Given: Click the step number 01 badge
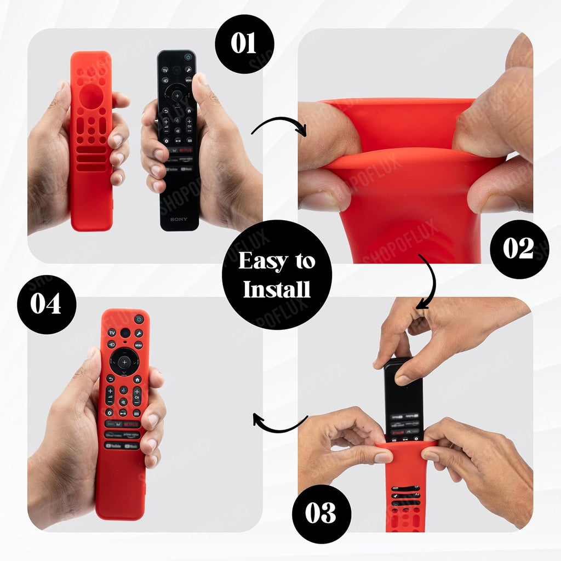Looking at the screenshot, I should pos(244,44).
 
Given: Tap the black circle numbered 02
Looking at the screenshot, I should pos(518,249).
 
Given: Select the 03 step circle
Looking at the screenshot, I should pos(320,513).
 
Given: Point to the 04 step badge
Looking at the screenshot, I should pos(46,304).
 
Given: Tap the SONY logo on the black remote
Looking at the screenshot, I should pos(178,219).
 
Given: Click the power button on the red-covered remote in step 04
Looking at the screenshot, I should pos(139,319).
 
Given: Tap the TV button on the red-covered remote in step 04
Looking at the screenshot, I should pos(112,333).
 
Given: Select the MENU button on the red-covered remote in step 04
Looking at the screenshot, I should pos(138,345).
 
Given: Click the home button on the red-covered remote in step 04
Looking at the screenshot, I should pos(137,379).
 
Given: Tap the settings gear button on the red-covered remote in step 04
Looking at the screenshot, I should pos(110,413).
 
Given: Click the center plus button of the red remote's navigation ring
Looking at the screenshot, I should pos(124,362).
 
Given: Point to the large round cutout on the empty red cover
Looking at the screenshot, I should pos(91,96).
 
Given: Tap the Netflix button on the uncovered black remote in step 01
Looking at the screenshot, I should pos(185,149).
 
